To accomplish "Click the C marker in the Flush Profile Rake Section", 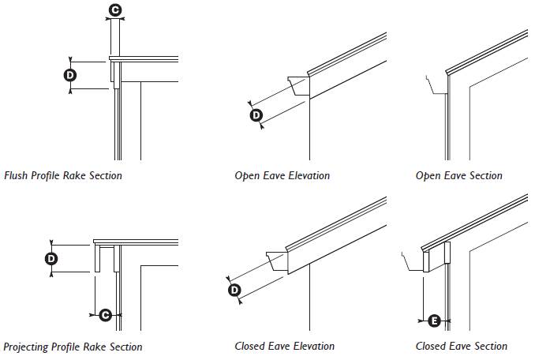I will click(115, 10).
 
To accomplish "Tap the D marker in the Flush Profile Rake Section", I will click(69, 75).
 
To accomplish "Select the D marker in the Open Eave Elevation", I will click(256, 115).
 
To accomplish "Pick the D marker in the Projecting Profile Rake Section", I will click(51, 258).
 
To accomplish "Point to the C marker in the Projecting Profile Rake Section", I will click(106, 314).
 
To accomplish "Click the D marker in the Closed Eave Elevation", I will click(234, 290).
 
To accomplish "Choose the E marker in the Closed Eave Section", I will click(434, 321).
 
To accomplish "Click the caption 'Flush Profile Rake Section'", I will click(63, 175).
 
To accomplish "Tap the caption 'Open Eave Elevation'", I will click(282, 175).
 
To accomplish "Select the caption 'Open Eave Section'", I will click(459, 175).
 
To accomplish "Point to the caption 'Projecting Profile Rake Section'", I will click(73, 347).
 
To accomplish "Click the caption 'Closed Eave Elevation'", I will click(284, 346).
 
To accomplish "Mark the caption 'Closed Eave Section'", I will click(462, 346).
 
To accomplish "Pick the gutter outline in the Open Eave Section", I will click(434, 85).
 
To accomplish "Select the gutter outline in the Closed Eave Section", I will click(413, 261).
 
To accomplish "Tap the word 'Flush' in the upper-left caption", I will click(15, 175).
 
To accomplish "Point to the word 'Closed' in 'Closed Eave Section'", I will click(432, 346).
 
